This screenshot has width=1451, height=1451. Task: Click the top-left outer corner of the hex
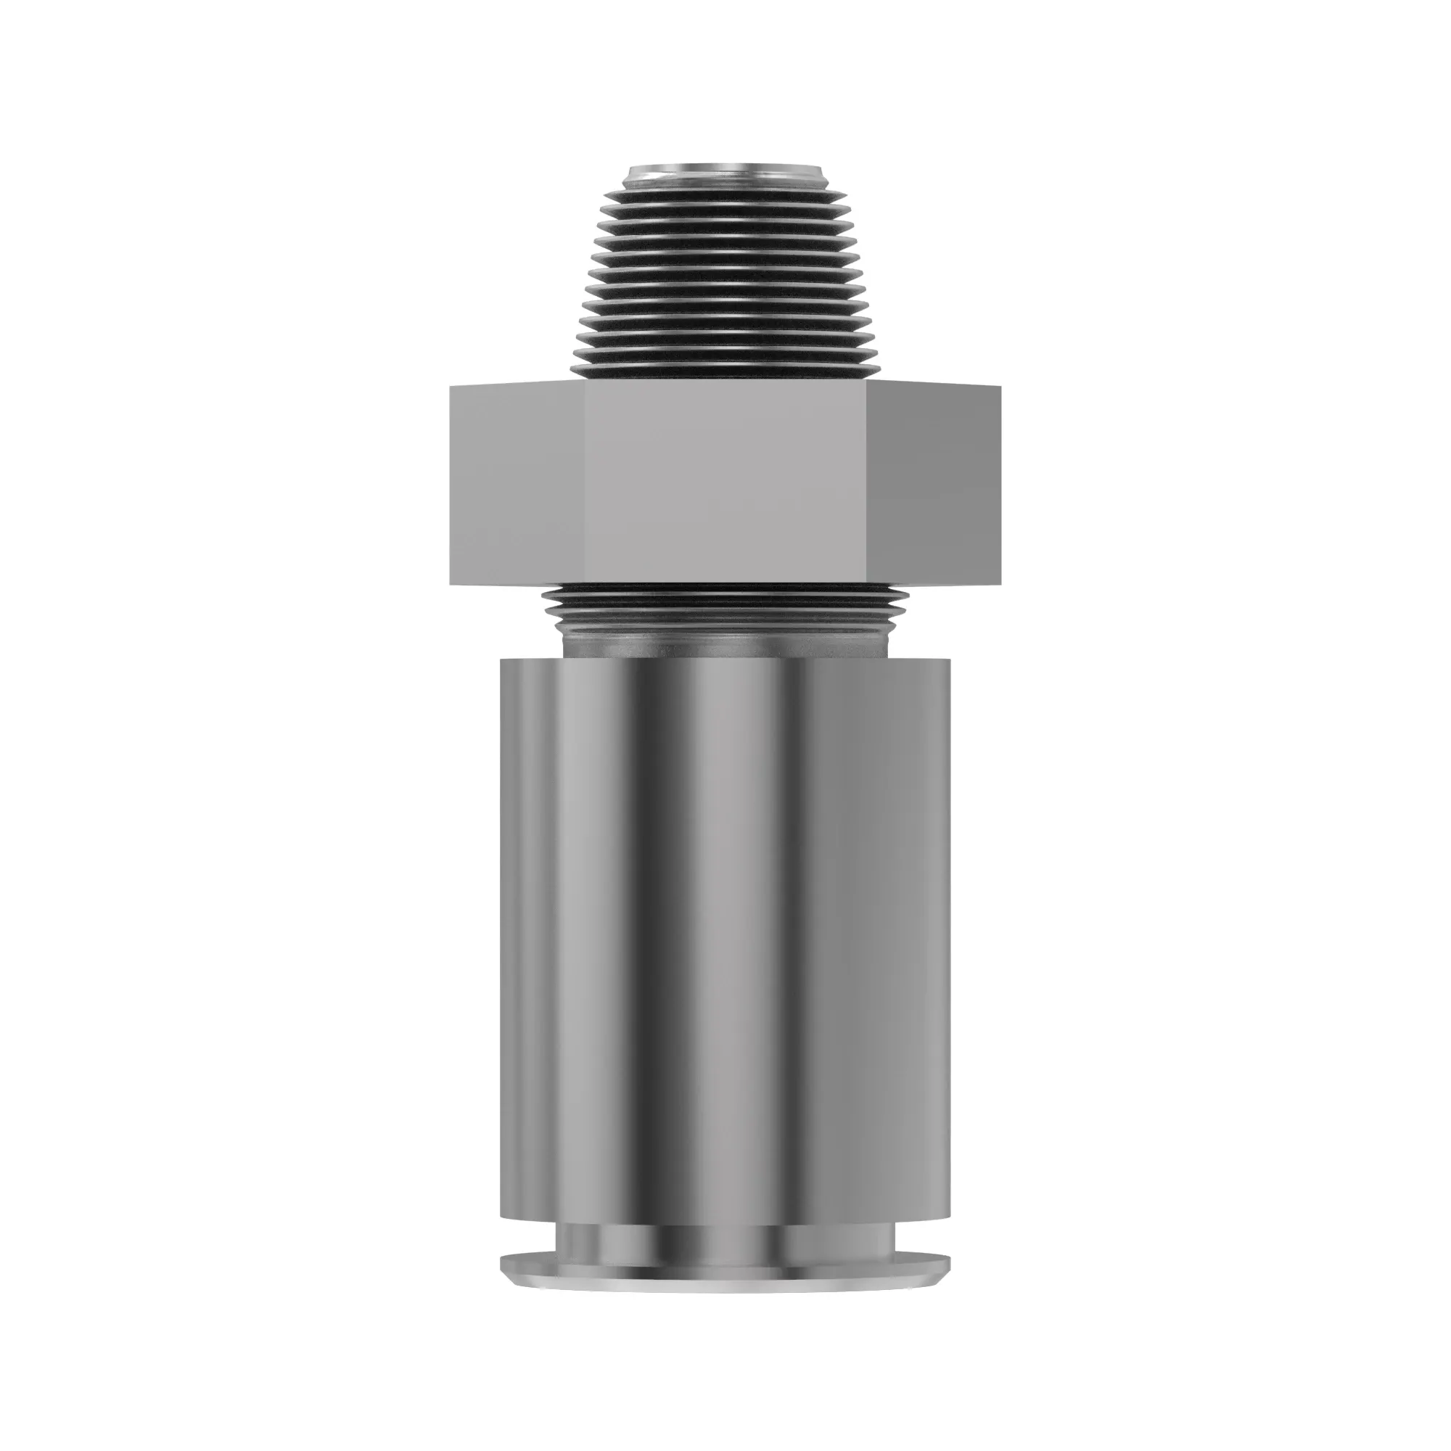pyautogui.click(x=451, y=386)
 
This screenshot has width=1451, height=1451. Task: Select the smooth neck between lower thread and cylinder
pyautogui.click(x=725, y=643)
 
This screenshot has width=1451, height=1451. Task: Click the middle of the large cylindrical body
pyautogui.click(x=725, y=939)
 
